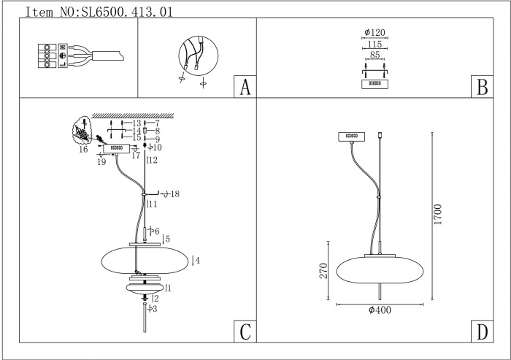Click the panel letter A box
(x=245, y=87)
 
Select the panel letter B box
(x=481, y=87)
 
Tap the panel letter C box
(x=245, y=332)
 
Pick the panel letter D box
(x=481, y=332)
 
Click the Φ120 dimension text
(x=374, y=34)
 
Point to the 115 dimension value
(x=374, y=44)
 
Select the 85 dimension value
(x=374, y=54)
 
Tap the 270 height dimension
(x=319, y=272)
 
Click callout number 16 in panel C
(x=83, y=150)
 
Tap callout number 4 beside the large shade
(x=197, y=260)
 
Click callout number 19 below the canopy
(x=101, y=162)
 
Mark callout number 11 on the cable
(x=152, y=205)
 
